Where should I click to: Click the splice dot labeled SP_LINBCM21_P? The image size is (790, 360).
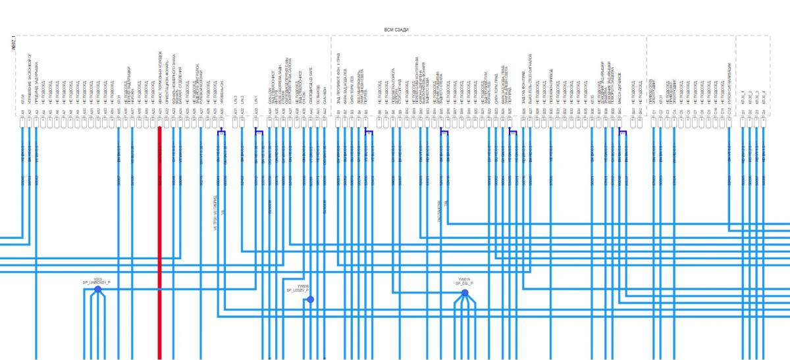[97, 289]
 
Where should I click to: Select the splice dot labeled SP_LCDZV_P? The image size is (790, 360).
[310, 299]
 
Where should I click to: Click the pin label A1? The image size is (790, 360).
[22, 114]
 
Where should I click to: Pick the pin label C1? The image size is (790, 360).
[653, 114]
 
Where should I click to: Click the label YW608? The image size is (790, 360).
[302, 286]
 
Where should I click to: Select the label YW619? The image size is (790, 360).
[464, 279]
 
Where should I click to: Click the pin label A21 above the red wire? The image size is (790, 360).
[160, 114]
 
